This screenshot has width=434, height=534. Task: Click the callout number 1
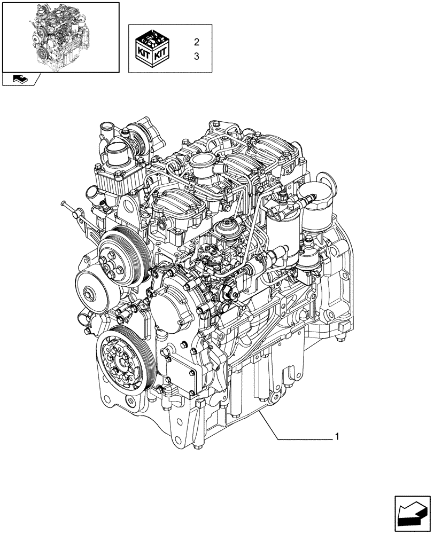337,437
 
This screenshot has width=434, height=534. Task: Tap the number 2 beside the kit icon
196,42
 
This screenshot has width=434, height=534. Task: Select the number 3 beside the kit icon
196,56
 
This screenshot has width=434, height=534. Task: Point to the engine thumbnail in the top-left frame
60,36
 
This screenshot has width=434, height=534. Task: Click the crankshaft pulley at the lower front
122,360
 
